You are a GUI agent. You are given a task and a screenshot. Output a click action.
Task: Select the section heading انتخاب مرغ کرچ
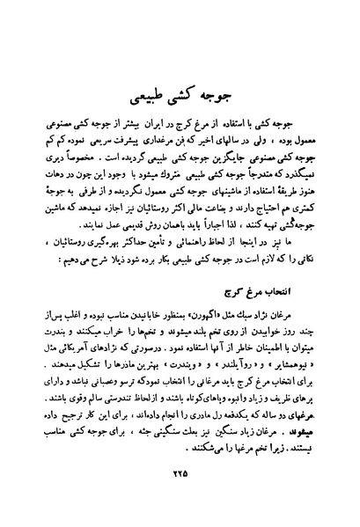click(283, 284)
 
